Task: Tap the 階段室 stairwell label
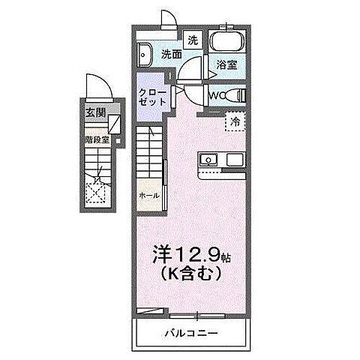[x=97, y=139]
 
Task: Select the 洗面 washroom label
[x=171, y=54]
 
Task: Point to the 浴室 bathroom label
[x=227, y=65]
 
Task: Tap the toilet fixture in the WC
[x=236, y=95]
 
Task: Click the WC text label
[x=215, y=95]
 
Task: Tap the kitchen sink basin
[x=207, y=160]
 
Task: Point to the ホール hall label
[x=148, y=195]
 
